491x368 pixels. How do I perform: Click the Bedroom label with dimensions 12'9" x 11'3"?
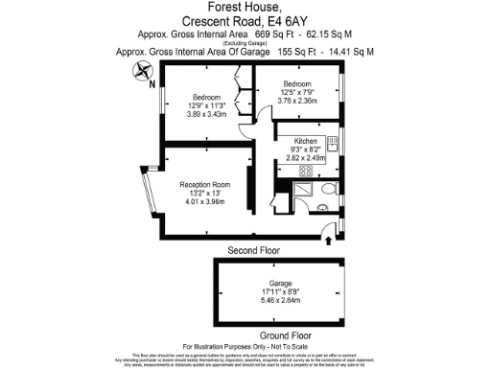[206, 98]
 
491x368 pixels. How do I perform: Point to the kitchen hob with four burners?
[310, 171]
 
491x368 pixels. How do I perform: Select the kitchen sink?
[332, 145]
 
